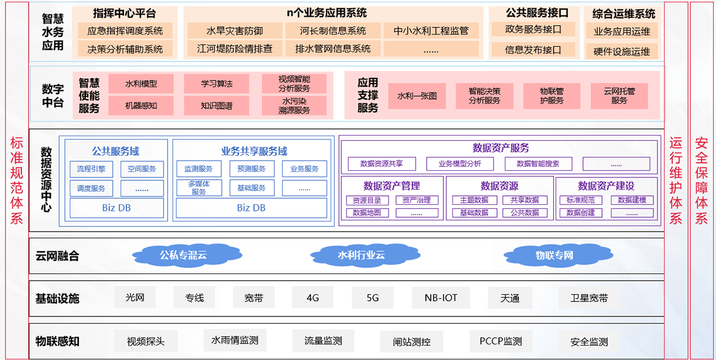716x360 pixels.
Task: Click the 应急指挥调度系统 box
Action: pyautogui.click(x=125, y=31)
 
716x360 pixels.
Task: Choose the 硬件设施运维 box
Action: pyautogui.click(x=621, y=51)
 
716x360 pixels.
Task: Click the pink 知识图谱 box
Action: pyautogui.click(x=217, y=106)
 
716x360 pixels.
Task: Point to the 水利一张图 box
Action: pyautogui.click(x=417, y=96)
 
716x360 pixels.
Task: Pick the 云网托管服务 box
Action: pyautogui.click(x=619, y=96)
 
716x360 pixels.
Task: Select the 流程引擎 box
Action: pyautogui.click(x=91, y=169)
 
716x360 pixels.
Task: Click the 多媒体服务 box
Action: pyautogui.click(x=199, y=188)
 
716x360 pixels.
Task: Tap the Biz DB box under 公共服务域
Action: pyautogui.click(x=117, y=208)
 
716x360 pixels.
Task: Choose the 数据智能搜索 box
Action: pyautogui.click(x=538, y=164)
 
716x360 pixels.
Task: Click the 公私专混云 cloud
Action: pyautogui.click(x=183, y=256)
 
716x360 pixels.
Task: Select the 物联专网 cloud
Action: pyautogui.click(x=554, y=256)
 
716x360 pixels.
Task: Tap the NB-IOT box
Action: pyautogui.click(x=441, y=297)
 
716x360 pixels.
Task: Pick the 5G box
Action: pyautogui.click(x=372, y=297)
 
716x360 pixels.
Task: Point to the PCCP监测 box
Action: pyautogui.click(x=501, y=341)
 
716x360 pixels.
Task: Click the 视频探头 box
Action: pyautogui.click(x=146, y=342)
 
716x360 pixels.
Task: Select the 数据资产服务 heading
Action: pyautogui.click(x=500, y=147)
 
